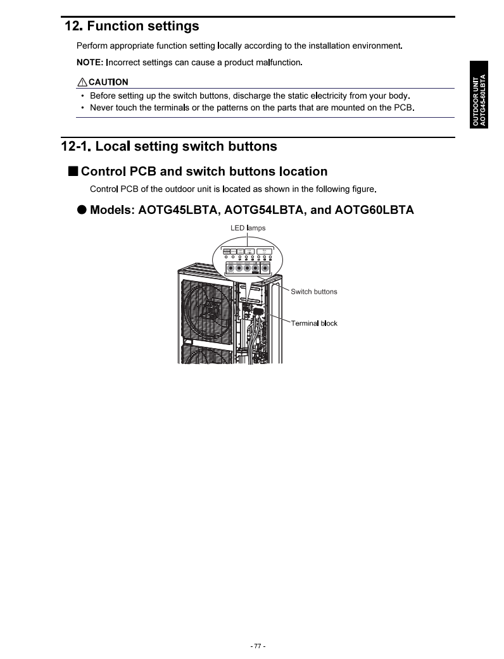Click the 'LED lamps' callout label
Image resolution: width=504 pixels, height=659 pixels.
(248, 228)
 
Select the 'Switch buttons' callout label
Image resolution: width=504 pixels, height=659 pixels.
(313, 292)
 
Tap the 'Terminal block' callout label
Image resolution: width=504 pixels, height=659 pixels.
(314, 323)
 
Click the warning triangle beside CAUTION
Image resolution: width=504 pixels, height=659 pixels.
(82, 82)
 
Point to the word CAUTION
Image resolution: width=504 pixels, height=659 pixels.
(108, 82)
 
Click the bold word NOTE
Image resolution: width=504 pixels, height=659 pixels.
(89, 62)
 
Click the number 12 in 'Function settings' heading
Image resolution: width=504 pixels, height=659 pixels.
(72, 27)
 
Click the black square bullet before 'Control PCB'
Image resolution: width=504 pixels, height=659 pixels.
(73, 171)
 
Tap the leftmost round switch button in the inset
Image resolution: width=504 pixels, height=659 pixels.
(230, 268)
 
